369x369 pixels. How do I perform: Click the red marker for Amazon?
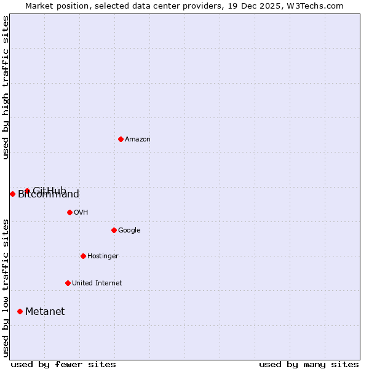click(x=121, y=139)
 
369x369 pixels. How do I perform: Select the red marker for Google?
click(x=114, y=230)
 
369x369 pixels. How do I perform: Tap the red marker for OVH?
click(x=69, y=212)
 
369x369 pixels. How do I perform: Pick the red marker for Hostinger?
click(x=83, y=256)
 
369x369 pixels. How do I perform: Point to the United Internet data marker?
click(x=68, y=283)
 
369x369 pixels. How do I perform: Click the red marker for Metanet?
click(x=20, y=311)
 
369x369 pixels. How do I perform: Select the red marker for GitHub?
click(x=27, y=191)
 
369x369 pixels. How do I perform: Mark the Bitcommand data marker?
click(x=12, y=194)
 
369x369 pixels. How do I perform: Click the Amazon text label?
click(x=138, y=139)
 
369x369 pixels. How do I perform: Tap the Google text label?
click(x=129, y=230)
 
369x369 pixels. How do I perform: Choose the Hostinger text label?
click(x=103, y=256)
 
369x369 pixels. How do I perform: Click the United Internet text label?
click(x=97, y=283)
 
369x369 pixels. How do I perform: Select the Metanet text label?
click(x=45, y=311)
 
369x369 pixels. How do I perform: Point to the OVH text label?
click(x=81, y=212)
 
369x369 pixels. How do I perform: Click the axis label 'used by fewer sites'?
click(x=63, y=364)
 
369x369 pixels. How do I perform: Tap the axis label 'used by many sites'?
click(x=309, y=364)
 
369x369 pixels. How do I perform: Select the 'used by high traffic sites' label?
click(x=6, y=87)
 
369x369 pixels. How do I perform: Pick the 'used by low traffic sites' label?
click(x=6, y=288)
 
